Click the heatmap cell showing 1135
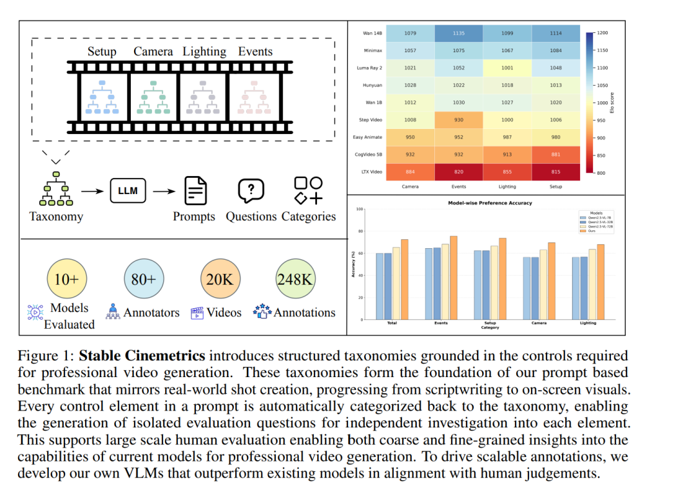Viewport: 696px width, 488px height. [x=458, y=33]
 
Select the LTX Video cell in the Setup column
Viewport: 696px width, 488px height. [x=556, y=172]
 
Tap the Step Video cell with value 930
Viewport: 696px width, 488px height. [x=458, y=120]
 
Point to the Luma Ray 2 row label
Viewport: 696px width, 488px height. [x=370, y=68]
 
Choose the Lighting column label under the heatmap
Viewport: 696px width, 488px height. [x=507, y=187]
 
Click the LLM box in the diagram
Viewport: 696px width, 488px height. [x=128, y=191]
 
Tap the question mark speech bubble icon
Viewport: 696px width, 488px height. [x=251, y=190]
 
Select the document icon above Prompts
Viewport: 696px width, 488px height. [x=196, y=190]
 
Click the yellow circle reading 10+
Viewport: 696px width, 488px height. [x=67, y=278]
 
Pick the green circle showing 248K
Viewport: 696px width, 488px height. [x=295, y=278]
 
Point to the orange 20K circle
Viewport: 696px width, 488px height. [x=220, y=278]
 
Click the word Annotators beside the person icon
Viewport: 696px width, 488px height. [x=151, y=313]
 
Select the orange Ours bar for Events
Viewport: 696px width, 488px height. [x=454, y=278]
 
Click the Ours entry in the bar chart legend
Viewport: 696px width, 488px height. [x=585, y=231]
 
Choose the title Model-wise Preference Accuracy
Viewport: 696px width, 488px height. [x=481, y=203]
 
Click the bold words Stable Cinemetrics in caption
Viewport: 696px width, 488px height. [x=142, y=356]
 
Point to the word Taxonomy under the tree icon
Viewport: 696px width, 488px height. [x=56, y=217]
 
